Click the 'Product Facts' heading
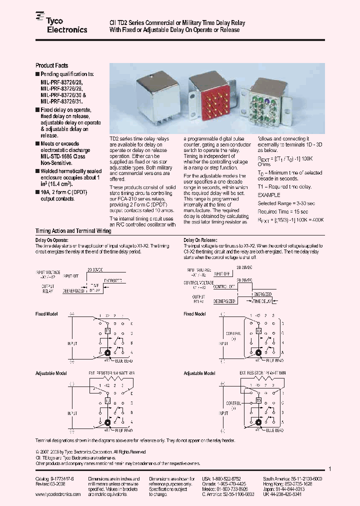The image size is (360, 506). point(51,65)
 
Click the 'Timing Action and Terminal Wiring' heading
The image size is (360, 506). point(73,231)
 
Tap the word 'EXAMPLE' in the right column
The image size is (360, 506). point(269,195)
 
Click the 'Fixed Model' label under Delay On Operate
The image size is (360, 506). point(46,314)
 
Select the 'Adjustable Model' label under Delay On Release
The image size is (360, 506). point(199,373)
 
